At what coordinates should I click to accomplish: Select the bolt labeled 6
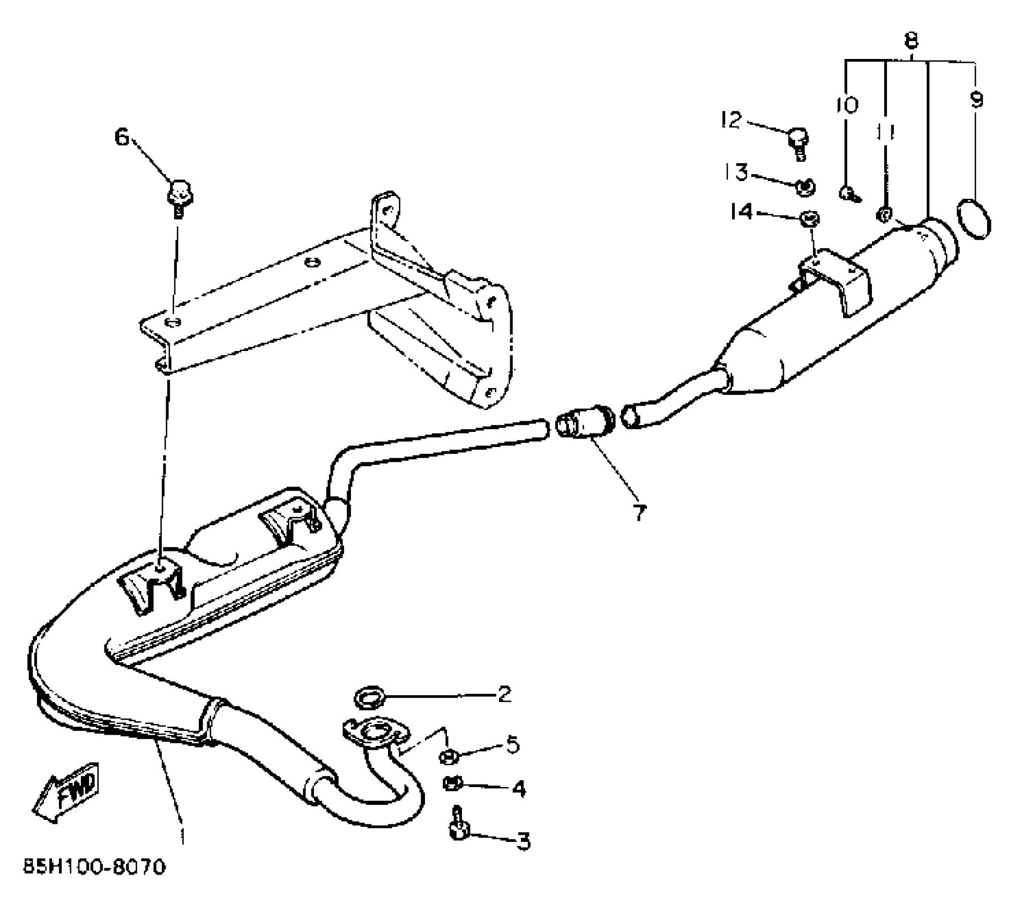180,194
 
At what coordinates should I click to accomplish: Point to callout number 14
741,212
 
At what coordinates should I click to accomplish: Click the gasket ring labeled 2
370,698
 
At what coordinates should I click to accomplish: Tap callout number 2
504,695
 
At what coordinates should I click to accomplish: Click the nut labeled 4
451,783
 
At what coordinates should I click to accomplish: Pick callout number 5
512,745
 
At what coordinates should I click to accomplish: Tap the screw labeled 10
848,193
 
